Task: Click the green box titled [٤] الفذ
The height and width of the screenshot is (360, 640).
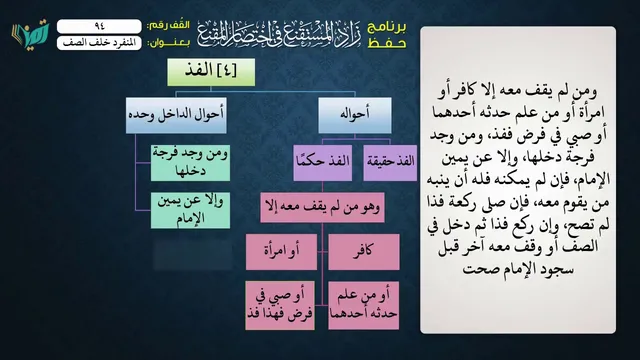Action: (211, 72)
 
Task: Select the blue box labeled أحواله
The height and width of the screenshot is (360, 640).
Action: (355, 115)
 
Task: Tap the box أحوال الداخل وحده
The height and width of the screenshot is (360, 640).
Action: (176, 115)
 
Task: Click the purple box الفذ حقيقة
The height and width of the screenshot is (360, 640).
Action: (390, 162)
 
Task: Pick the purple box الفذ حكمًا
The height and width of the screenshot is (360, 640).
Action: (322, 162)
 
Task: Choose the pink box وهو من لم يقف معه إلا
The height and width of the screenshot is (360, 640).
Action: (322, 207)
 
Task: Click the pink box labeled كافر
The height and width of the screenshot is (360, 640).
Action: (364, 252)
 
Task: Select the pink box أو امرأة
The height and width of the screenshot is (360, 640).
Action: (281, 252)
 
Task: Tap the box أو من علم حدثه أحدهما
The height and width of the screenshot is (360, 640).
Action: (363, 305)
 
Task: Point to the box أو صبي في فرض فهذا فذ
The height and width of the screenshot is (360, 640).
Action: (280, 305)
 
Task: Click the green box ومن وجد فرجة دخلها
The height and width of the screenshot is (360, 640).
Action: (190, 163)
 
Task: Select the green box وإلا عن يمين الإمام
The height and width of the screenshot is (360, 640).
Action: (190, 211)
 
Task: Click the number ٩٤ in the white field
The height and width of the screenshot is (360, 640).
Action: (99, 26)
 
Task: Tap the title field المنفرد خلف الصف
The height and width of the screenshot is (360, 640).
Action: (99, 43)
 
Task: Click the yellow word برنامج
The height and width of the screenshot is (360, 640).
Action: (387, 27)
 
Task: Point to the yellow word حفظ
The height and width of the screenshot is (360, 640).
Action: (387, 43)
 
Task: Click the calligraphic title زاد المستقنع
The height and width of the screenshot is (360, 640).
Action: (280, 34)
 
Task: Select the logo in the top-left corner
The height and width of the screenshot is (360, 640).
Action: (31, 34)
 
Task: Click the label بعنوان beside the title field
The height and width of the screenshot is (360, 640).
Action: (169, 43)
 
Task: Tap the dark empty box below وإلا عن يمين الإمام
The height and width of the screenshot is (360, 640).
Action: (193, 255)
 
